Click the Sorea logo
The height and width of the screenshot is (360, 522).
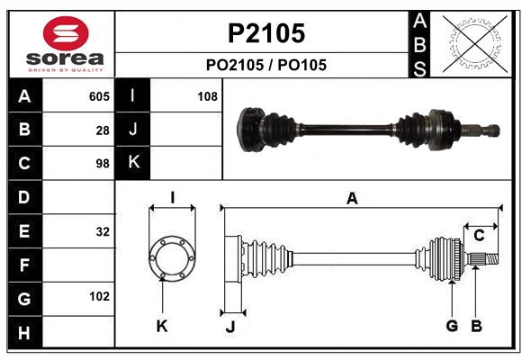pyautogui.click(x=65, y=44)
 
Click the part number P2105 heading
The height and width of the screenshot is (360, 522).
pyautogui.click(x=265, y=33)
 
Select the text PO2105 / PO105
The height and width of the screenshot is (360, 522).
pyautogui.click(x=266, y=65)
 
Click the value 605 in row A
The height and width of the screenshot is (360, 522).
pyautogui.click(x=99, y=96)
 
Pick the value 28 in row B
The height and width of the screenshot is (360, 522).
pyautogui.click(x=103, y=130)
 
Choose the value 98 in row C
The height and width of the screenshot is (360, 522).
pyautogui.click(x=103, y=164)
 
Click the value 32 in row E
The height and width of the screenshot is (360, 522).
pyautogui.click(x=103, y=231)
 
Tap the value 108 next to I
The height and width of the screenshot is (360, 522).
pyautogui.click(x=207, y=96)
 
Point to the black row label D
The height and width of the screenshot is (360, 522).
pyautogui.click(x=24, y=197)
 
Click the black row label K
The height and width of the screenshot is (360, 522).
pyautogui.click(x=134, y=163)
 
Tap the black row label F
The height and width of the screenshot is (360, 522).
pyautogui.click(x=24, y=265)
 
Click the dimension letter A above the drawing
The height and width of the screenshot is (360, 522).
pyautogui.click(x=352, y=199)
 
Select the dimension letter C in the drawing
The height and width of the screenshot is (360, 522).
pyautogui.click(x=480, y=236)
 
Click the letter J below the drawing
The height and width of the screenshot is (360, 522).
pyautogui.click(x=229, y=327)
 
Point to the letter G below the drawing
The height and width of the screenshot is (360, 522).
pyautogui.click(x=452, y=326)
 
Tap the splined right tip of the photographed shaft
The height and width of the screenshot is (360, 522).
pyautogui.click(x=491, y=130)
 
